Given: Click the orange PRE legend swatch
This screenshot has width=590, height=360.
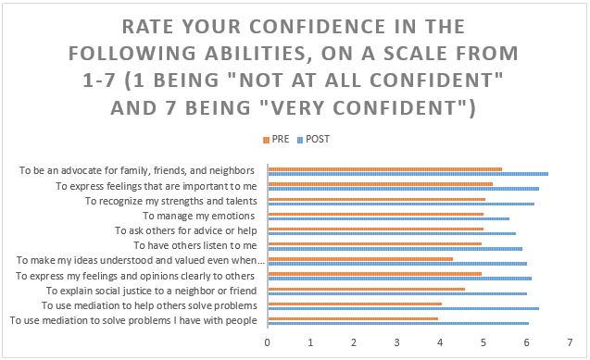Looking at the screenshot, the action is [x=267, y=140].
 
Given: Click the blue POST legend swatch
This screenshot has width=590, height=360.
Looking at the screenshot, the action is [x=300, y=140].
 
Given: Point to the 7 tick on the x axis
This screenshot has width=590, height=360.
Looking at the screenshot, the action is [x=570, y=342].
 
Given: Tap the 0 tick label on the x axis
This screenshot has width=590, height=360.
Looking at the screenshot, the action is [x=267, y=342].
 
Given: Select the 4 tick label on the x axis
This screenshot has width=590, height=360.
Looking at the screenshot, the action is [x=440, y=342].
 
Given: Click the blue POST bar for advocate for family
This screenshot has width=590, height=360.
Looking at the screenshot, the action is [x=408, y=174].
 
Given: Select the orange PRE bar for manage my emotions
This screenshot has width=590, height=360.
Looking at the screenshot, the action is [x=376, y=214].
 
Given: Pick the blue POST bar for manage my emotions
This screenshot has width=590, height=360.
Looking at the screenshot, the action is [x=389, y=218].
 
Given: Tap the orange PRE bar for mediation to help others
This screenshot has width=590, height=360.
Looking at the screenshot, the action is [x=355, y=304].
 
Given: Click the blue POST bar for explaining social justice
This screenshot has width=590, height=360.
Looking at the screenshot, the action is [x=397, y=293].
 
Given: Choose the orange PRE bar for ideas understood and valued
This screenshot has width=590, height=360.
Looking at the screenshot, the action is [x=360, y=259].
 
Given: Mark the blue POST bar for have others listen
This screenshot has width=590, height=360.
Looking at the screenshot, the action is [x=395, y=249].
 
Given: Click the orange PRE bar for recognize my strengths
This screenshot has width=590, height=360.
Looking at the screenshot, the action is [x=377, y=199].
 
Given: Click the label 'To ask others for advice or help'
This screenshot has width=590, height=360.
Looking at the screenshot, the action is [x=186, y=230].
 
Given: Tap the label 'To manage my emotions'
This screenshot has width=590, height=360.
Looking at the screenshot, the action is [x=199, y=216].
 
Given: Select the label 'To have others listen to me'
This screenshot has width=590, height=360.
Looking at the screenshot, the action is [x=195, y=245].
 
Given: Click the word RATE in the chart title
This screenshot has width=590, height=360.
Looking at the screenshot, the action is [x=147, y=27].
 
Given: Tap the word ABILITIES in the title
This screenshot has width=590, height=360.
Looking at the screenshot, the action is [x=257, y=54].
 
